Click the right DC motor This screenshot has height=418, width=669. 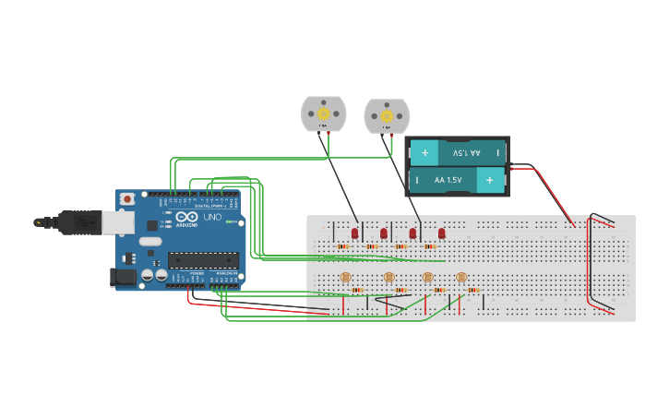tap(387, 115)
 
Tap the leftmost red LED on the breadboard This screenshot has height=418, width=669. tap(354, 233)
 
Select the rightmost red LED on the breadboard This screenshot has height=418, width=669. tap(442, 233)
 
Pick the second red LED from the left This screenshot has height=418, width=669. tap(384, 233)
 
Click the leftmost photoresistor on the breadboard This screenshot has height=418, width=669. tap(346, 277)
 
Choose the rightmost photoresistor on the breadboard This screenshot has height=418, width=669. tap(461, 277)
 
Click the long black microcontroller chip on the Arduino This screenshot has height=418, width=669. tap(202, 261)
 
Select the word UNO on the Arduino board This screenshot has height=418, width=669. tap(211, 217)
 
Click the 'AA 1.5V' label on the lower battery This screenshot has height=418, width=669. tap(448, 180)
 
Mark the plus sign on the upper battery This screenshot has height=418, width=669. tap(424, 152)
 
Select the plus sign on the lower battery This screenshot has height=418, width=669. tap(489, 180)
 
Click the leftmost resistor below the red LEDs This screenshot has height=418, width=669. tap(343, 246)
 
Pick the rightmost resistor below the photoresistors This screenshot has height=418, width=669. tap(472, 290)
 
